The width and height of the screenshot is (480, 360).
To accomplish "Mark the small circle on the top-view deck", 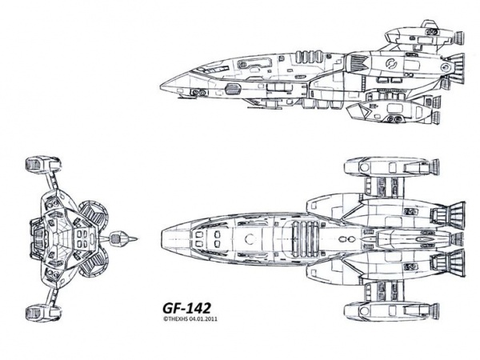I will pos(251,238).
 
